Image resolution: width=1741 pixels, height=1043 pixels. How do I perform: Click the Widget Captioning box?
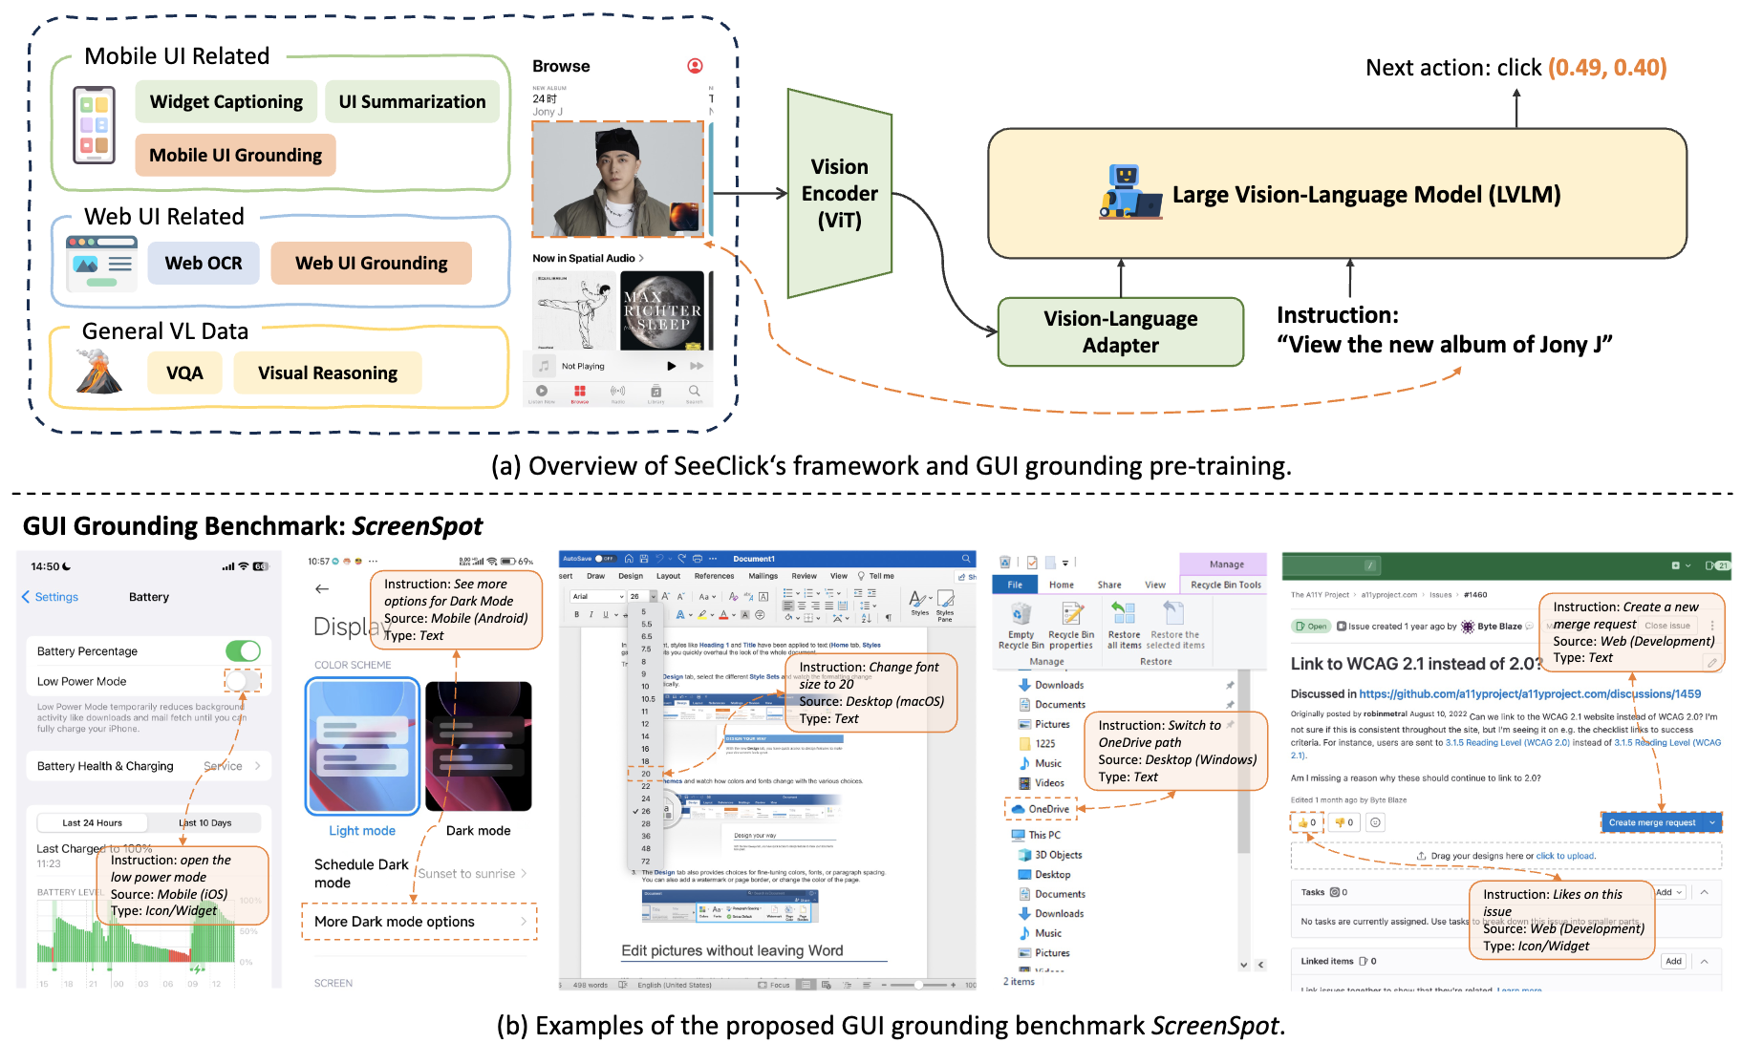(226, 102)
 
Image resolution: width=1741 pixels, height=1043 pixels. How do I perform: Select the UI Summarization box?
(412, 102)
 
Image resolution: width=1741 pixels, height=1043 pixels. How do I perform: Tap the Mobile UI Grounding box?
(235, 156)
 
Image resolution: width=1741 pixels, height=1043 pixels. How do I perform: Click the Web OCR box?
(203, 263)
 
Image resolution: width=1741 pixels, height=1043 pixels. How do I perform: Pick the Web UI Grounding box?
(371, 263)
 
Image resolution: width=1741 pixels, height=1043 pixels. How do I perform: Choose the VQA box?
(184, 372)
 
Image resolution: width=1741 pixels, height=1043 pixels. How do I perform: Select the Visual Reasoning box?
(327, 372)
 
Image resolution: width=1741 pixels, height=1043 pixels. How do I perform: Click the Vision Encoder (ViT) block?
(839, 194)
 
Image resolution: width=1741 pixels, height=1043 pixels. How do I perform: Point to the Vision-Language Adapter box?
(1120, 331)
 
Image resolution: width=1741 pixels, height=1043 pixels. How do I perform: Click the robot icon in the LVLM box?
(1127, 192)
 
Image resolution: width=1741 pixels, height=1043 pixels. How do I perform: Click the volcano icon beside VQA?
(97, 372)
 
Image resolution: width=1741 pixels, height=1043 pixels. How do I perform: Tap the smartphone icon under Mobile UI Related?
(94, 125)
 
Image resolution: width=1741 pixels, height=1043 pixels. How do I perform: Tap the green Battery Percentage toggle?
(243, 651)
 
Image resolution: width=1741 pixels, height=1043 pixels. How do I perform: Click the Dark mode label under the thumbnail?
(478, 831)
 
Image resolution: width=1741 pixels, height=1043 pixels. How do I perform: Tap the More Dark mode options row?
(419, 922)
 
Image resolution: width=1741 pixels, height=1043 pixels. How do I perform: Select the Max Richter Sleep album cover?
(662, 310)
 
